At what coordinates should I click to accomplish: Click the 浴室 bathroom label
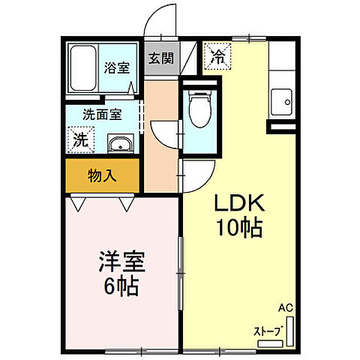116,67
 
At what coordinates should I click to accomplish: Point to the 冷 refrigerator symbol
217,55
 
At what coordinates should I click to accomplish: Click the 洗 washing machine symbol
80,139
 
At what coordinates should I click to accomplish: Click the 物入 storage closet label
102,176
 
